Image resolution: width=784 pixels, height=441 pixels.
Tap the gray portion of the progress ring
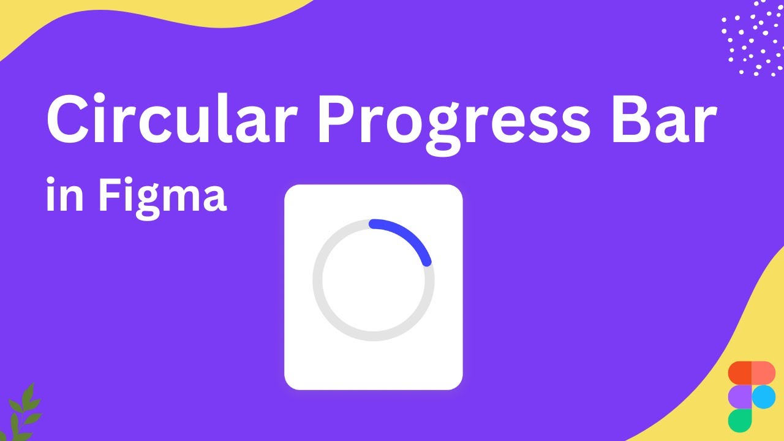pos(331,318)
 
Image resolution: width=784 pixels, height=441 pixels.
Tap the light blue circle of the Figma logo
pos(764,396)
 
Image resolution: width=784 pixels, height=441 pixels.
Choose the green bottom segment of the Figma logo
pos(740,420)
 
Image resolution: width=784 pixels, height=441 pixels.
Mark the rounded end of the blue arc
pos(427,262)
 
